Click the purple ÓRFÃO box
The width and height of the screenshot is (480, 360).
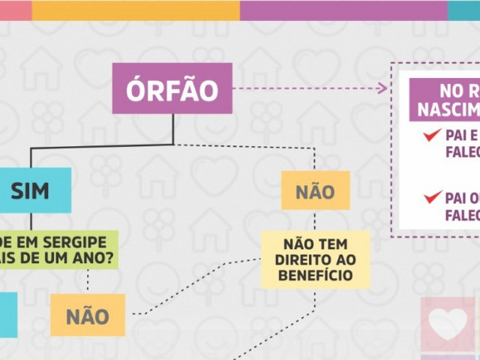pyautogui.click(x=172, y=88)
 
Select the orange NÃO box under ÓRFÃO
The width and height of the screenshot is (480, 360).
pyautogui.click(x=315, y=190)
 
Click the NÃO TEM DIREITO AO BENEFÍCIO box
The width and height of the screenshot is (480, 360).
pyautogui.click(x=315, y=259)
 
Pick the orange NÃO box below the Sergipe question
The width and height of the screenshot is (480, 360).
pyautogui.click(x=87, y=315)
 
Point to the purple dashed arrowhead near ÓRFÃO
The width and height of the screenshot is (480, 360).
pyautogui.click(x=382, y=88)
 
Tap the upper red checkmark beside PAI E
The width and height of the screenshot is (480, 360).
pyautogui.click(x=431, y=136)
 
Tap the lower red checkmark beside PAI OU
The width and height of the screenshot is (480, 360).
pyautogui.click(x=431, y=198)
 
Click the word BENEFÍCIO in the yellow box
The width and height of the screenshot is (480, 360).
pyautogui.click(x=315, y=275)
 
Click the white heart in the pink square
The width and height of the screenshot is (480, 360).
pyautogui.click(x=447, y=323)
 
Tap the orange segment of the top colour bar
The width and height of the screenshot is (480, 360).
pyautogui.click(x=135, y=10)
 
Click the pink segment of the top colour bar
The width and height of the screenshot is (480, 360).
pyautogui.click(x=15, y=10)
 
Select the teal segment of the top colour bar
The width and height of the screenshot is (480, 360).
pyautogui.click(x=463, y=10)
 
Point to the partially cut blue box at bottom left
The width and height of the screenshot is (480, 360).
pyautogui.click(x=7, y=314)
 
